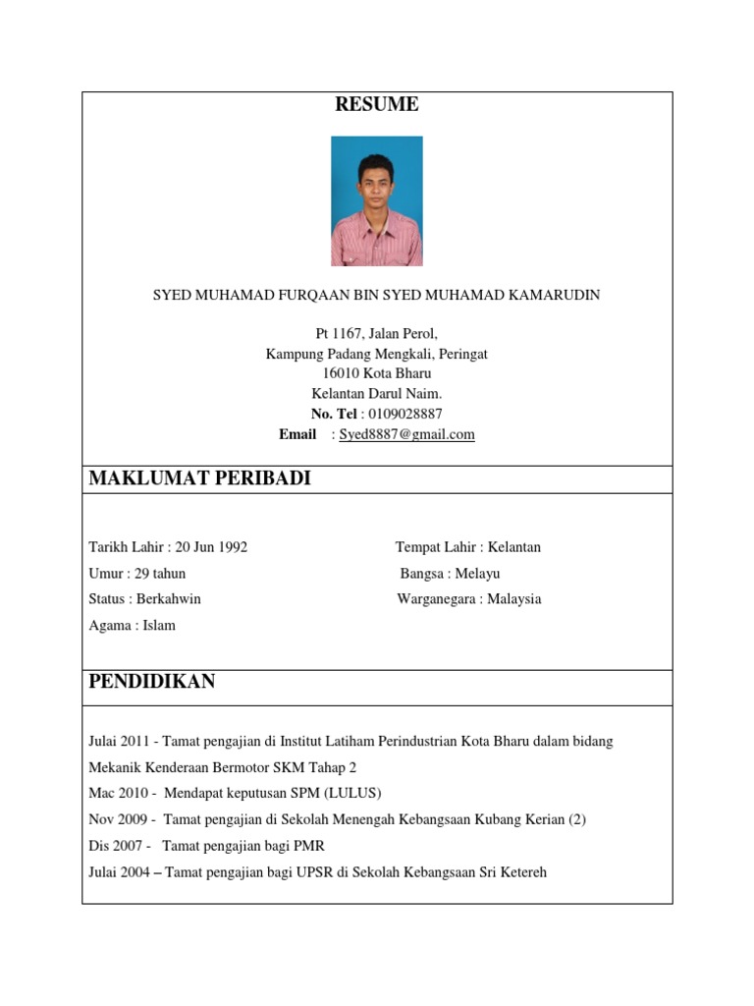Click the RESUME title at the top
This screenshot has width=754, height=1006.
click(377, 104)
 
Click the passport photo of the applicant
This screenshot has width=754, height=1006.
click(377, 201)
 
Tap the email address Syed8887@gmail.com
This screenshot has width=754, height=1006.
click(407, 434)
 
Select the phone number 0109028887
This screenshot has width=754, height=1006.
click(405, 414)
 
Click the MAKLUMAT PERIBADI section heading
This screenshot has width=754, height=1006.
click(199, 478)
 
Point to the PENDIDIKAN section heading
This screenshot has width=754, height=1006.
click(152, 682)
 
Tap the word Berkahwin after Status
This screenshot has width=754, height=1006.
click(169, 598)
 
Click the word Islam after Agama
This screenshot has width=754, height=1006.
click(159, 625)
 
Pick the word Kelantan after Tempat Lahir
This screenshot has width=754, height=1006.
click(514, 547)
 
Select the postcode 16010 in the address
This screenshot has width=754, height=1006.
click(342, 373)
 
